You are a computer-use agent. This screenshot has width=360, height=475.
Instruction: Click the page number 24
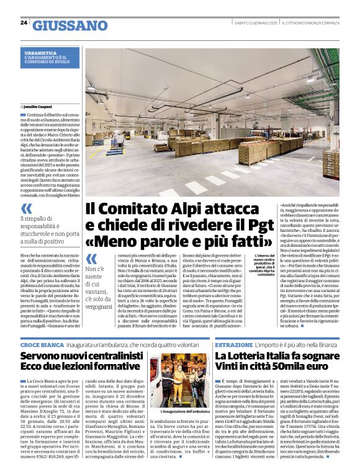[x=24, y=23]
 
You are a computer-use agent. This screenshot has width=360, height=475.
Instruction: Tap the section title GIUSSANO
[x=70, y=25]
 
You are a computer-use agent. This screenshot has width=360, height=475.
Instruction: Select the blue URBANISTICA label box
[x=51, y=58]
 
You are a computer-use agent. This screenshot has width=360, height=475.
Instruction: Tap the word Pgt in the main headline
[x=246, y=225]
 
